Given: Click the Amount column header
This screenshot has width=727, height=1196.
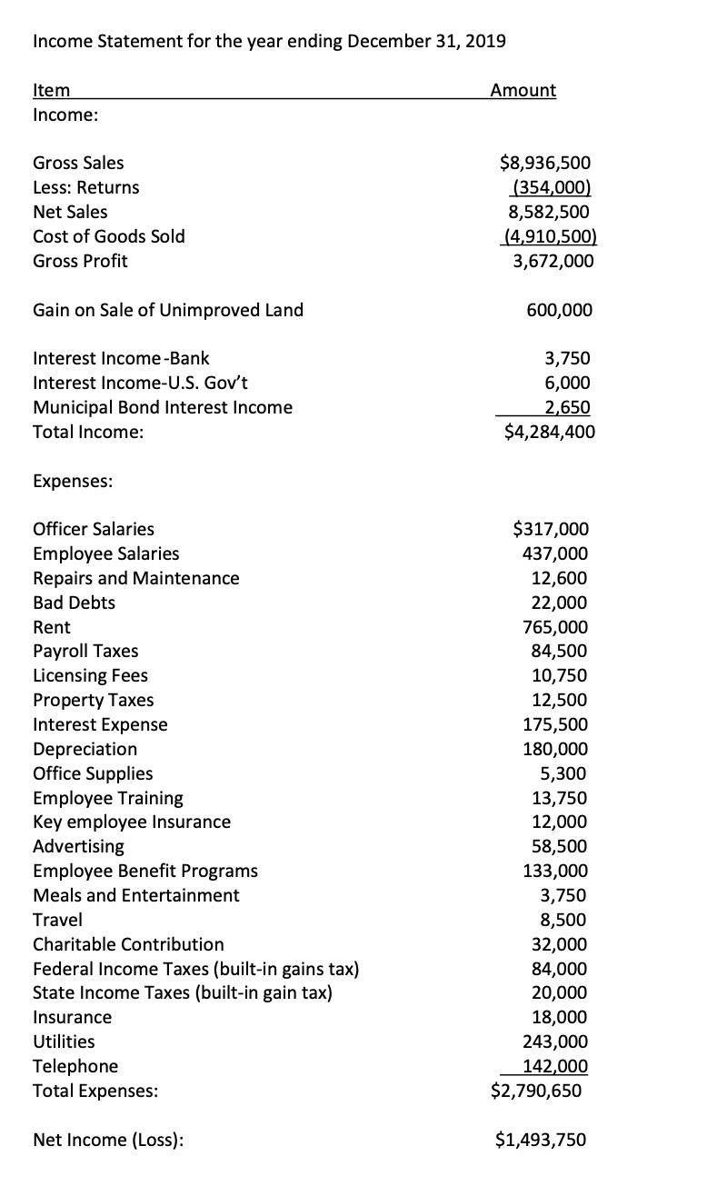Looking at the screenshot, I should pos(523,90).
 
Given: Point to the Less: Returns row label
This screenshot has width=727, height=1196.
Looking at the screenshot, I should pos(86,188).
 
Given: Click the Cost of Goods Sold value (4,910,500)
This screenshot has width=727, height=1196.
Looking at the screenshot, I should pos(549,236).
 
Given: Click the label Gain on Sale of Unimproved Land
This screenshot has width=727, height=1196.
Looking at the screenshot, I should pos(168,310).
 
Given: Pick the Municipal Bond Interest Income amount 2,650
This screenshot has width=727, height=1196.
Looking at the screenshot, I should pos(565,407).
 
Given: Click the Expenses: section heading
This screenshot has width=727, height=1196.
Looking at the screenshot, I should pos(73,482).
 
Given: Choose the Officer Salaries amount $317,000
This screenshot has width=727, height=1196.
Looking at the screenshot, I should pos(551,529).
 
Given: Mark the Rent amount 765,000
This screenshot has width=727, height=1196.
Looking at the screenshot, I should pos(554,627).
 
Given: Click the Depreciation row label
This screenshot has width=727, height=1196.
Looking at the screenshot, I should pos(85,749).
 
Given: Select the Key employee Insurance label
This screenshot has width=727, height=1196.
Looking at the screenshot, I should pos(132,822).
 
